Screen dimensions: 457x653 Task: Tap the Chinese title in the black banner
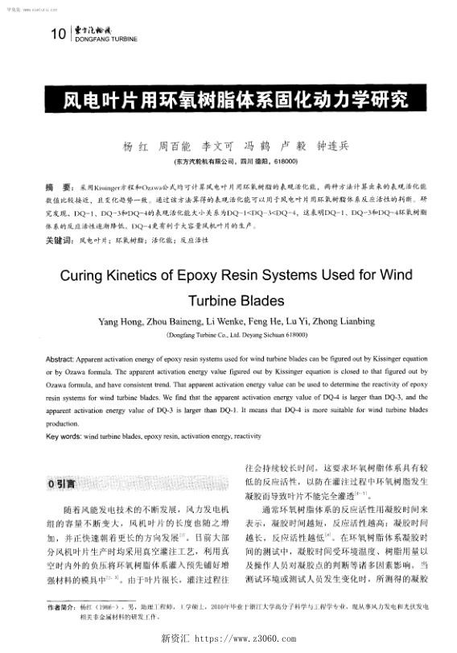click(228, 100)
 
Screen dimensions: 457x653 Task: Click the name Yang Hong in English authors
click(121, 322)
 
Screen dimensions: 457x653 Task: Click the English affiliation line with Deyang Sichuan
click(228, 334)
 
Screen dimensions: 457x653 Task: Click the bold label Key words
click(62, 436)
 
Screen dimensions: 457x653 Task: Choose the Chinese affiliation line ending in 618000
click(228, 162)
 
